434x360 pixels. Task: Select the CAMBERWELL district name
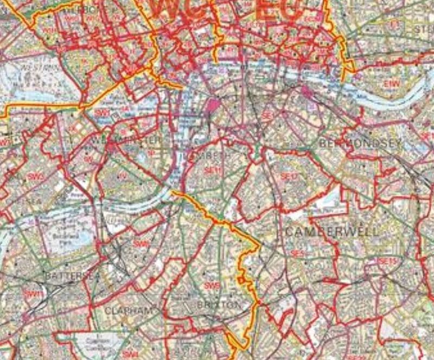coord(332,231)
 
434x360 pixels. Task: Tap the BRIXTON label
coord(219,305)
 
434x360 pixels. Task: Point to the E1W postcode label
coord(391,84)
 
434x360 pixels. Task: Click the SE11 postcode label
coord(213,170)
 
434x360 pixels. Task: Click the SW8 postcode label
coord(142,244)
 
